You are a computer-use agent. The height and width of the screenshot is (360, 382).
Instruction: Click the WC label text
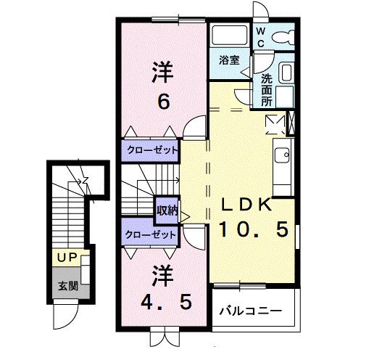point(260,36)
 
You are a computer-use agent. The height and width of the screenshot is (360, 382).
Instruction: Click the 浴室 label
point(230,61)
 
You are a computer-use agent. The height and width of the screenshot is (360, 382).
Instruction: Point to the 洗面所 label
point(266,89)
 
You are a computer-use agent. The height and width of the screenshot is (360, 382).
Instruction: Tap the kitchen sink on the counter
point(282,154)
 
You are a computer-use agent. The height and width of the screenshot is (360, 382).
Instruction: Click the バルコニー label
point(251,312)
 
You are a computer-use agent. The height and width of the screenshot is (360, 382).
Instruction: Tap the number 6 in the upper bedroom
point(164,101)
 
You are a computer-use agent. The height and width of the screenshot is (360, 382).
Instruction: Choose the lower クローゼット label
point(151,235)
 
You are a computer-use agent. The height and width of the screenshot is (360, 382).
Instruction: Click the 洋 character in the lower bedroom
point(163,275)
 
